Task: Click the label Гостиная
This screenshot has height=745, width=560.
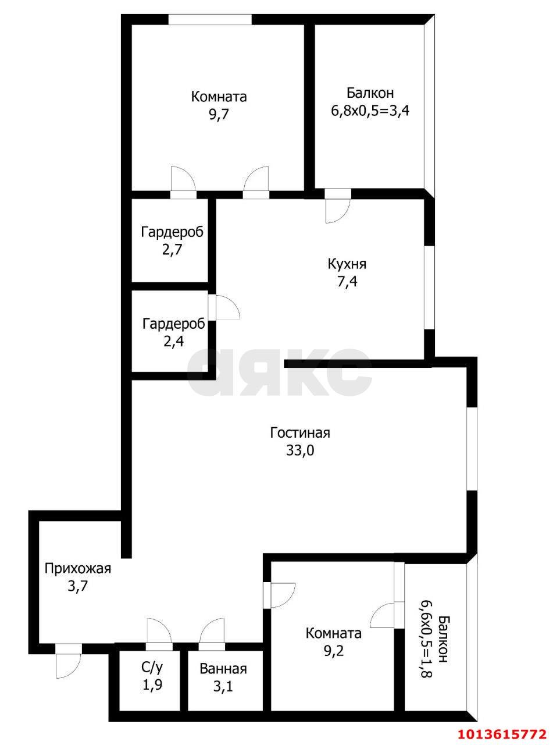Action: pyautogui.click(x=300, y=433)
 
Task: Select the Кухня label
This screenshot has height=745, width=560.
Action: pyautogui.click(x=347, y=264)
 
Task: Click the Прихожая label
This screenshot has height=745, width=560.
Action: pyautogui.click(x=78, y=569)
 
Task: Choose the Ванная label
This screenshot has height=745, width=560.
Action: pyautogui.click(x=223, y=669)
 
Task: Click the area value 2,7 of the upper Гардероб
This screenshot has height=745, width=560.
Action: pyautogui.click(x=172, y=250)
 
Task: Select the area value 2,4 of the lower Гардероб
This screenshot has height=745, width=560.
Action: pyautogui.click(x=173, y=341)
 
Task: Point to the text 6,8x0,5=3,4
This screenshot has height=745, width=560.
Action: pyautogui.click(x=370, y=111)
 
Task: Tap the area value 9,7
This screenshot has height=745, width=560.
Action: pyautogui.click(x=219, y=114)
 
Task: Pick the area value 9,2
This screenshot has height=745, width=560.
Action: pyautogui.click(x=333, y=651)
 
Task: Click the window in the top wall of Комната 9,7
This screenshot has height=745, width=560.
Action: pyautogui.click(x=210, y=20)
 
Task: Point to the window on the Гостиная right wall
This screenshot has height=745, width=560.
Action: pyautogui.click(x=472, y=448)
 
